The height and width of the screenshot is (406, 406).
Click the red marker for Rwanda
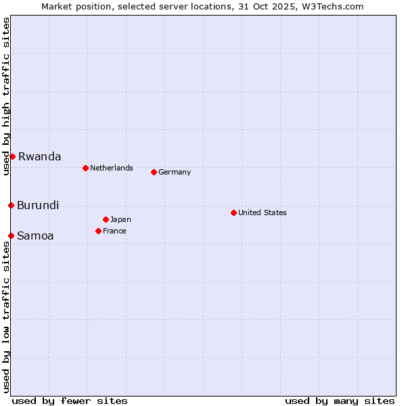tap(12, 156)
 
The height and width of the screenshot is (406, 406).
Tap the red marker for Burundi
tap(11, 205)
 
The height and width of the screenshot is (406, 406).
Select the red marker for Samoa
tap(11, 235)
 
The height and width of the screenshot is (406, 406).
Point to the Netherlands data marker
tap(85, 168)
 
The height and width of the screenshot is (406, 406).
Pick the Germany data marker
tap(154, 172)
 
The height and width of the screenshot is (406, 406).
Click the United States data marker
tap(233, 212)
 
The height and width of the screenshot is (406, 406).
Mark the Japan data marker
tap(106, 219)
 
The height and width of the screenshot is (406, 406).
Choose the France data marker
tap(98, 231)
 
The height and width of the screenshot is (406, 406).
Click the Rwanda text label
tap(39, 156)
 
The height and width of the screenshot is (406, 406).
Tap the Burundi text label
tap(38, 205)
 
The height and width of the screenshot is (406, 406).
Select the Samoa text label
tap(35, 235)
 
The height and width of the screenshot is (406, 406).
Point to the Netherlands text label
tap(112, 168)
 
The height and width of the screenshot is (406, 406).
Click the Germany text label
tap(175, 172)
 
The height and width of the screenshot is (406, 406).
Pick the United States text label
tap(263, 212)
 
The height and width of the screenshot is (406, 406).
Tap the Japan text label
tap(120, 219)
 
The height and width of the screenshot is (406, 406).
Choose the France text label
tap(114, 231)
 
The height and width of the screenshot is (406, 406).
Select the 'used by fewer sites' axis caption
tap(70, 401)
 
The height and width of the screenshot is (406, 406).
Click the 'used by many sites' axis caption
tap(340, 401)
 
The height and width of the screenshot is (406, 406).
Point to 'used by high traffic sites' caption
tap(6, 96)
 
